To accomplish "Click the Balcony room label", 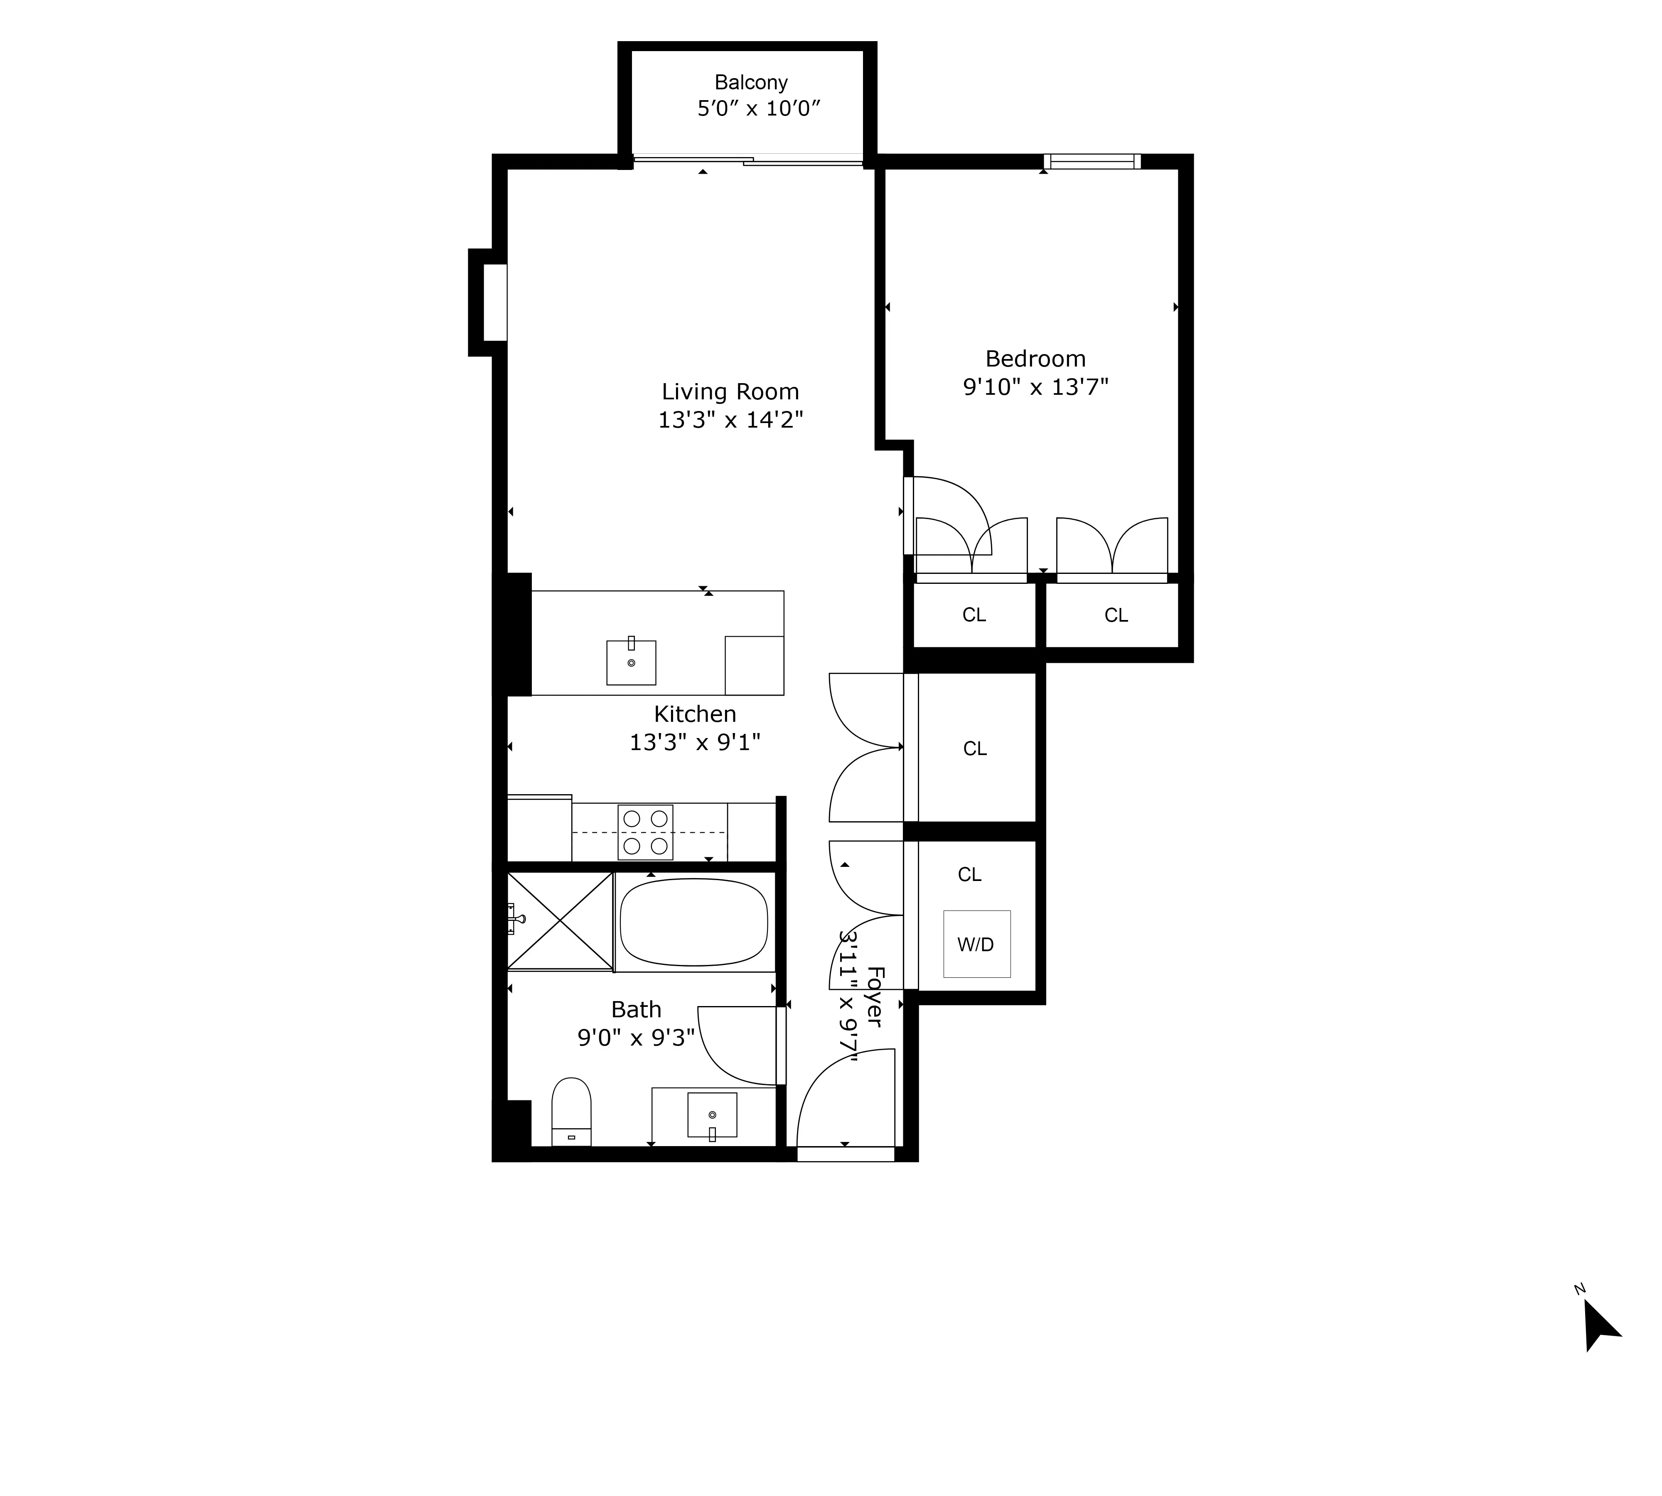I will tap(750, 82).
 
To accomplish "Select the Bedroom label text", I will tap(1035, 359).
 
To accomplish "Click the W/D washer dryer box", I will tap(976, 944).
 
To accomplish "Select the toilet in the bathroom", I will tap(571, 1111).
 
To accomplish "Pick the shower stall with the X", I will tap(560, 920).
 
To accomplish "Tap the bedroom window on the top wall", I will tap(1092, 161).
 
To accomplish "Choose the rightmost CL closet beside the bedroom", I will tap(1115, 615).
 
